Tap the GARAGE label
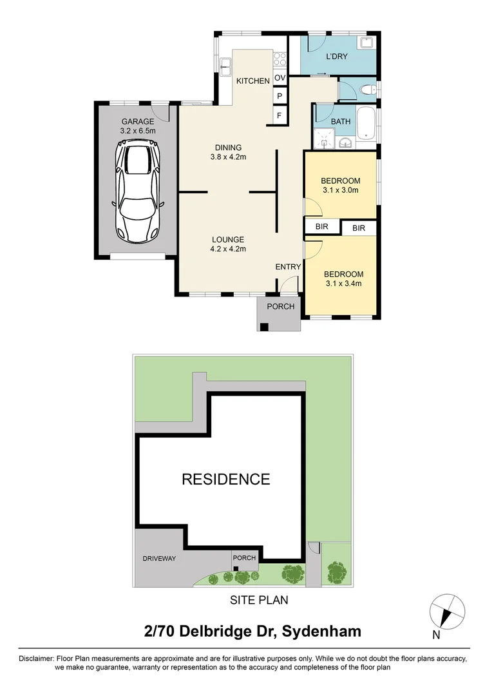(x=137, y=121)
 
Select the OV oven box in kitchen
(x=280, y=78)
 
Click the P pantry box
(x=280, y=97)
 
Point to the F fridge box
(x=280, y=115)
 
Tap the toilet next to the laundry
(x=368, y=90)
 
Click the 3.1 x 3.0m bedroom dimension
(x=340, y=190)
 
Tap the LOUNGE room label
(x=228, y=239)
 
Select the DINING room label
(x=228, y=147)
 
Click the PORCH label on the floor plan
(x=280, y=307)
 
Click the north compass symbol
(x=447, y=611)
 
